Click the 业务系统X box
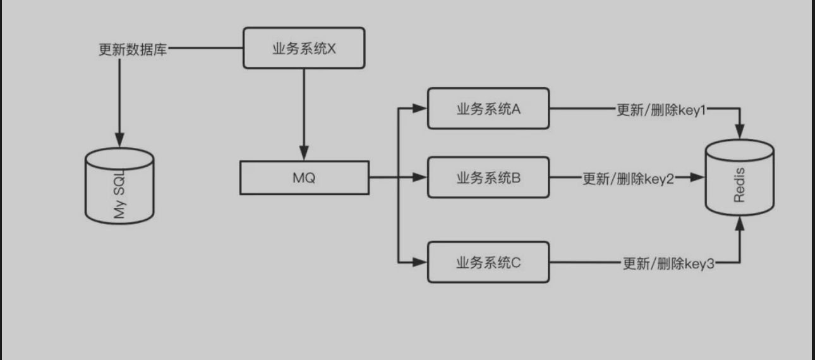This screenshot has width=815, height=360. tap(304, 47)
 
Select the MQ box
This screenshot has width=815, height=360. tap(304, 177)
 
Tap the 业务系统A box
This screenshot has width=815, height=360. tap(488, 109)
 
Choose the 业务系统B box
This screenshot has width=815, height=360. tap(488, 177)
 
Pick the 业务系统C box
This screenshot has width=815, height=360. tap(488, 262)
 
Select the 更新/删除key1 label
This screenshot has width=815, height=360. tap(661, 110)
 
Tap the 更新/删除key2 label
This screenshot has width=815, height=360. tap(628, 179)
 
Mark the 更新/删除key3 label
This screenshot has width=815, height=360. tap(668, 263)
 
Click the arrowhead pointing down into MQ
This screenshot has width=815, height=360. tap(304, 153)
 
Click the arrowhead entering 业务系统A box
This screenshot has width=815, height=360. tap(420, 109)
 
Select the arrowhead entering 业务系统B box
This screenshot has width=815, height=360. tap(420, 177)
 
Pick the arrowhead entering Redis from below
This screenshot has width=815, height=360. tap(739, 224)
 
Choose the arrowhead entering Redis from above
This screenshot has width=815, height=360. tap(739, 131)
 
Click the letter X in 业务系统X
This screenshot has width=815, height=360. tap(332, 49)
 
